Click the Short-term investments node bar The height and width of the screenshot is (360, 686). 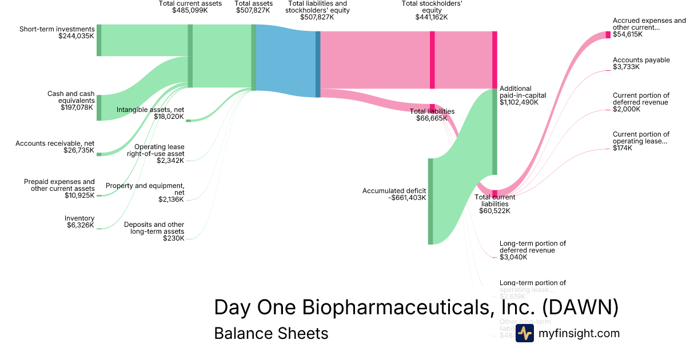point(99,40)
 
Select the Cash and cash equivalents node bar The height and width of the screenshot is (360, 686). point(99,108)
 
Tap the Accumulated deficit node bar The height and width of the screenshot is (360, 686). point(430,201)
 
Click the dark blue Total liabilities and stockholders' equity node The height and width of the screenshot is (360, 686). point(318,64)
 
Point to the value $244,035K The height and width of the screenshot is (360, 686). point(76,36)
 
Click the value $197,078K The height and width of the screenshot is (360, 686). point(76,107)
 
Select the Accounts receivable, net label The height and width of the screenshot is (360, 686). point(55,143)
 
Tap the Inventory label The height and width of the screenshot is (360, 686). point(79,218)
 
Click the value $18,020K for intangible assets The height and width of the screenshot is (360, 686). point(169,117)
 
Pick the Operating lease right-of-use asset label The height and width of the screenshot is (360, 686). point(155,150)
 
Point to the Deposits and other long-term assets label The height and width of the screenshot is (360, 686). point(154,228)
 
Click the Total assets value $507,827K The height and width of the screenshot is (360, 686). point(253,10)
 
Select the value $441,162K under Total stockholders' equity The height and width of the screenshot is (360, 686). point(432,17)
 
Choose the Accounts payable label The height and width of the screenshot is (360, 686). point(641,60)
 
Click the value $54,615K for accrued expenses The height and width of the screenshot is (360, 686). point(627,34)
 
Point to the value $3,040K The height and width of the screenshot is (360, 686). point(513,257)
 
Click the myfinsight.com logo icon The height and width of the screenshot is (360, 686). point(524,333)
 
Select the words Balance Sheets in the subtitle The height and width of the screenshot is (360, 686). point(271,333)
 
